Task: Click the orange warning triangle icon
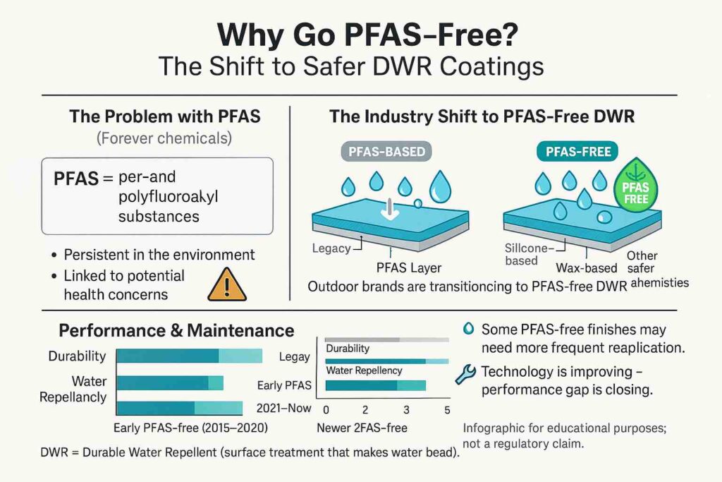pos(227,285)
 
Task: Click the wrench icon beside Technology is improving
pos(465,374)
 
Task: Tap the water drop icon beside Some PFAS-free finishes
pos(467,330)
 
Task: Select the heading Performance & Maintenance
pos(176,330)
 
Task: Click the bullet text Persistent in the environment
pos(159,255)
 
